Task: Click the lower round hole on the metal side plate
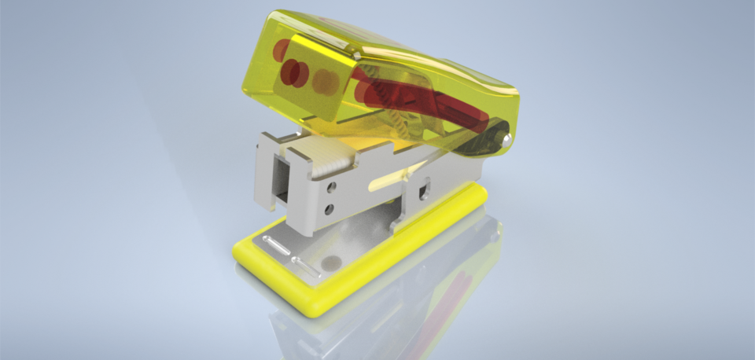330,208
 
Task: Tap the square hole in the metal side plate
425,189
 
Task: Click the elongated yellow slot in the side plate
384,183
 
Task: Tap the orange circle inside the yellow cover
325,79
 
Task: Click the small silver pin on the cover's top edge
357,57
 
